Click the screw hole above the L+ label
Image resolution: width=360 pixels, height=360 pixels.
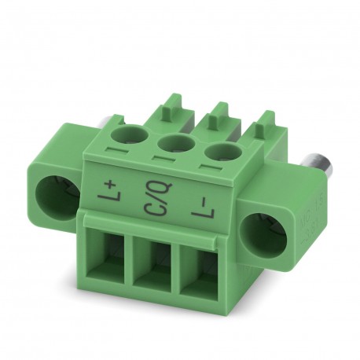(128, 130)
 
